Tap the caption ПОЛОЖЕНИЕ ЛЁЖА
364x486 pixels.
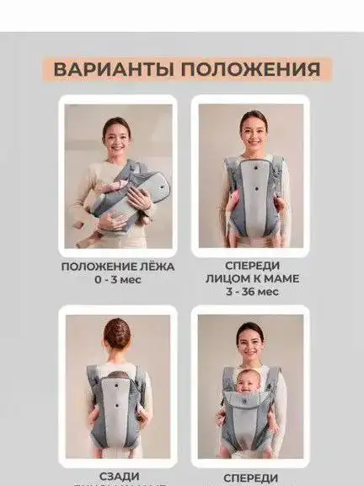(x=118, y=267)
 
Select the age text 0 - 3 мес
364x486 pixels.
(x=118, y=279)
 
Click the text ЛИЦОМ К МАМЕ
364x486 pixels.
(x=252, y=278)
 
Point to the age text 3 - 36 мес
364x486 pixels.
(x=252, y=291)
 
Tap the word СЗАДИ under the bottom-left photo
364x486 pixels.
(x=117, y=477)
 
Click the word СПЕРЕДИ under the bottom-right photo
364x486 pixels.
(x=252, y=478)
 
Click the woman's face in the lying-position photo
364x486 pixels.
(x=116, y=132)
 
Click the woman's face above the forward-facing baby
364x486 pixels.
(x=250, y=337)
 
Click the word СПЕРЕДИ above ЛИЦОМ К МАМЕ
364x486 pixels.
(x=252, y=264)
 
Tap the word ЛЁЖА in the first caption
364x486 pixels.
(x=156, y=267)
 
